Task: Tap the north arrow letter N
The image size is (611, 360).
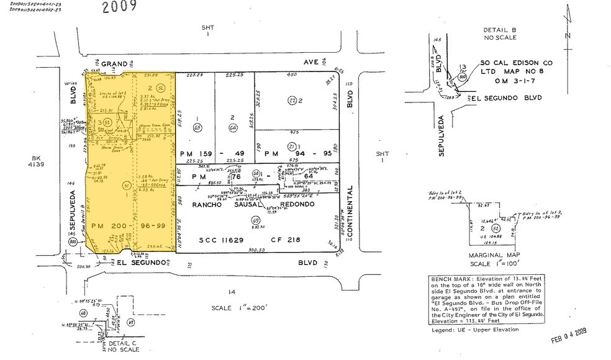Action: [568, 35]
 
